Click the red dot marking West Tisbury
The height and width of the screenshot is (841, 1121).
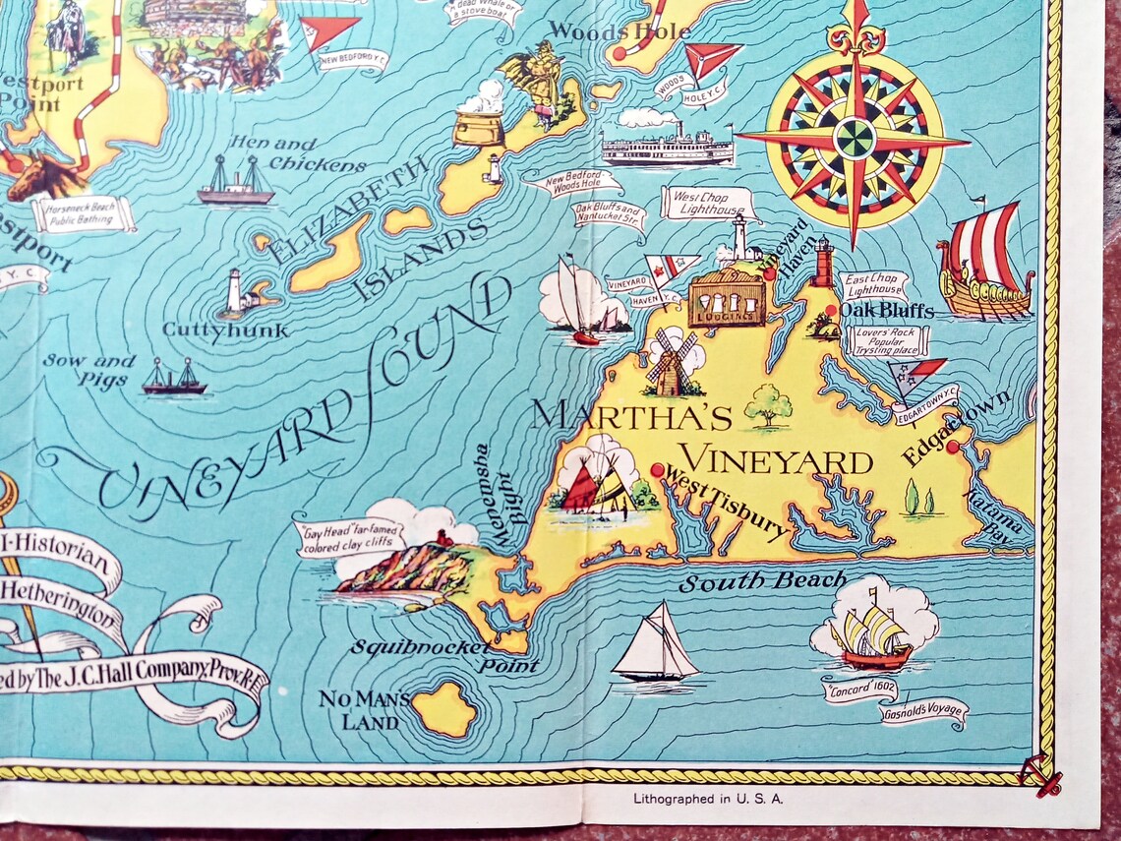coord(657,470)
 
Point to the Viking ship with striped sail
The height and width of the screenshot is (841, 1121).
coord(983,261)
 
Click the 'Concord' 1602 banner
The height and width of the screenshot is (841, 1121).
coord(860,690)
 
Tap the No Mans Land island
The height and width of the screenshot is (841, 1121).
coord(443,708)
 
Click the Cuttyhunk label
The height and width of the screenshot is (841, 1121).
coord(225,330)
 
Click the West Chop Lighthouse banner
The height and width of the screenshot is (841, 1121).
coord(707,202)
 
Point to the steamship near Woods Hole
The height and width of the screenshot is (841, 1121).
coord(668,146)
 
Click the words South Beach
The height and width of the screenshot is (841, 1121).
coord(762,582)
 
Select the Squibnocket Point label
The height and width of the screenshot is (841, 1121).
coord(443,655)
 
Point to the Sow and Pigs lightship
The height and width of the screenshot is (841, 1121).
coord(174,379)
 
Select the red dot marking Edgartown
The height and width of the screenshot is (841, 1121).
coord(952,447)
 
